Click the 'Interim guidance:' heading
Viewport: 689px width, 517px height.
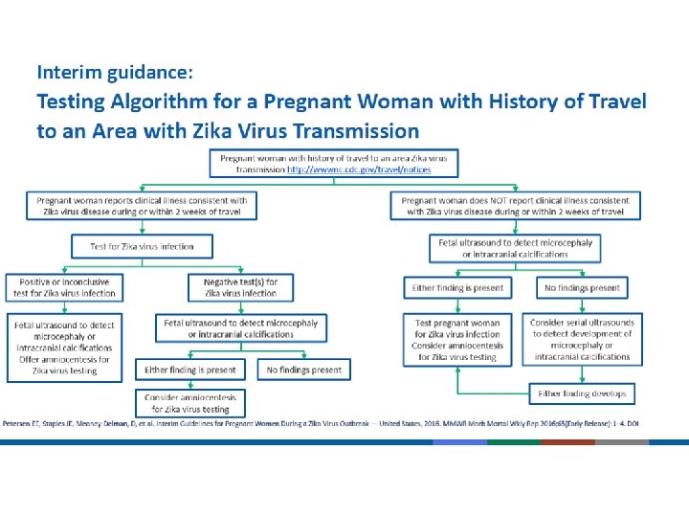click(115, 71)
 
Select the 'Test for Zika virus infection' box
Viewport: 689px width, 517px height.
click(142, 247)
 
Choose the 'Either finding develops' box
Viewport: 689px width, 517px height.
click(582, 393)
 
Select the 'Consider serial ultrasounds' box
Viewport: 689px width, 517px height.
click(582, 340)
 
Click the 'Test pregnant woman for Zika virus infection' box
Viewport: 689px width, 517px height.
click(457, 340)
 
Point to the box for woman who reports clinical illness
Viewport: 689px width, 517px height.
click(142, 206)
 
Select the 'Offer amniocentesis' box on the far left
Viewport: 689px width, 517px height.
click(63, 346)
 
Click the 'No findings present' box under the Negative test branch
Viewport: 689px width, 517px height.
click(303, 370)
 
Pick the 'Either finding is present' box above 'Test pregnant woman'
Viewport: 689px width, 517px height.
click(457, 288)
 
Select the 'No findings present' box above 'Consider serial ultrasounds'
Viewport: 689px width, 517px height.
click(582, 288)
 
